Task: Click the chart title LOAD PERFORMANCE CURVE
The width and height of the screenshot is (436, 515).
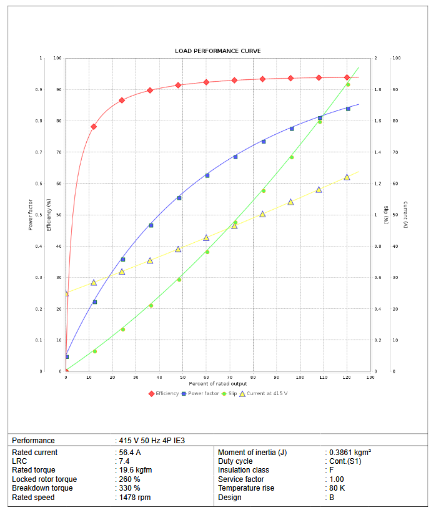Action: pyautogui.click(x=217, y=51)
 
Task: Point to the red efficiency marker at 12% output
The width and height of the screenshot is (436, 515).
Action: pyautogui.click(x=94, y=127)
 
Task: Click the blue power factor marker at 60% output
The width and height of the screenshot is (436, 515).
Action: pyautogui.click(x=207, y=175)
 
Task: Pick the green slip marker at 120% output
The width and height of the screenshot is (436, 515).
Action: pyautogui.click(x=348, y=85)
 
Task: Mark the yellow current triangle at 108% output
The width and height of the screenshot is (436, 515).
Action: pyautogui.click(x=319, y=189)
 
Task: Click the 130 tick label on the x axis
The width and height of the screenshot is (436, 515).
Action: pyautogui.click(x=370, y=378)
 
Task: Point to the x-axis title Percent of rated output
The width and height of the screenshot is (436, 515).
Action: pyautogui.click(x=217, y=383)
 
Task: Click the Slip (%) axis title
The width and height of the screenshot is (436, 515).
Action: pyautogui.click(x=385, y=215)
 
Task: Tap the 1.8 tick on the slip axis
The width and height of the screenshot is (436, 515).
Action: pyautogui.click(x=377, y=90)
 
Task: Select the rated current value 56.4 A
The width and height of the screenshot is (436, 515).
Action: pyautogui.click(x=130, y=453)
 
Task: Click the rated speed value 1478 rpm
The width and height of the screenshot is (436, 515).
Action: pyautogui.click(x=135, y=498)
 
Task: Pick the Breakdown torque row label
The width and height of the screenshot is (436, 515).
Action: pyautogui.click(x=42, y=488)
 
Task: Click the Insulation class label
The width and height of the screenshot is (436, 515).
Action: pyautogui.click(x=244, y=470)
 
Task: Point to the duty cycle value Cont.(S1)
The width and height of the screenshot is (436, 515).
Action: pyautogui.click(x=345, y=461)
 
